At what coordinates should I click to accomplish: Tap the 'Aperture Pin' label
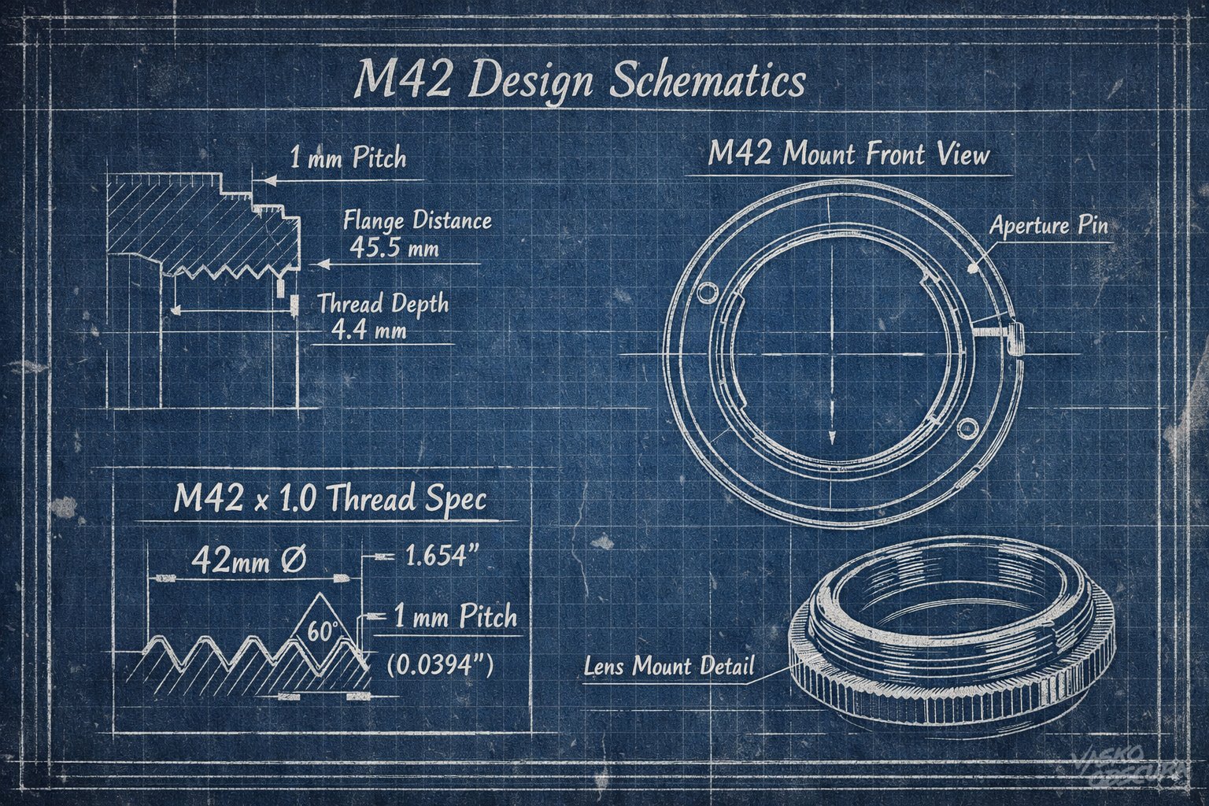[1048, 226]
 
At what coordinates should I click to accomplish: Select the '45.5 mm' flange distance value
[394, 248]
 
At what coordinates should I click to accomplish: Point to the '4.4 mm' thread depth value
[368, 330]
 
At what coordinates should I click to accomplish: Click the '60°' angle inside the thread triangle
[323, 632]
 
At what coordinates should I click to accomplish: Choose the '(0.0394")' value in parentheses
[441, 665]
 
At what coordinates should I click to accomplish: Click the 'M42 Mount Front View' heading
[848, 153]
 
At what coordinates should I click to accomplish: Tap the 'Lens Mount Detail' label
[668, 666]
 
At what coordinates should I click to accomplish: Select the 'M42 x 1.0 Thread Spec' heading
[329, 499]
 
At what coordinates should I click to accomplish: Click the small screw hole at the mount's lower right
[967, 427]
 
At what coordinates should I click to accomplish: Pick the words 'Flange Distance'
[417, 220]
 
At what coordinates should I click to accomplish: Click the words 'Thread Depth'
[383, 304]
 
